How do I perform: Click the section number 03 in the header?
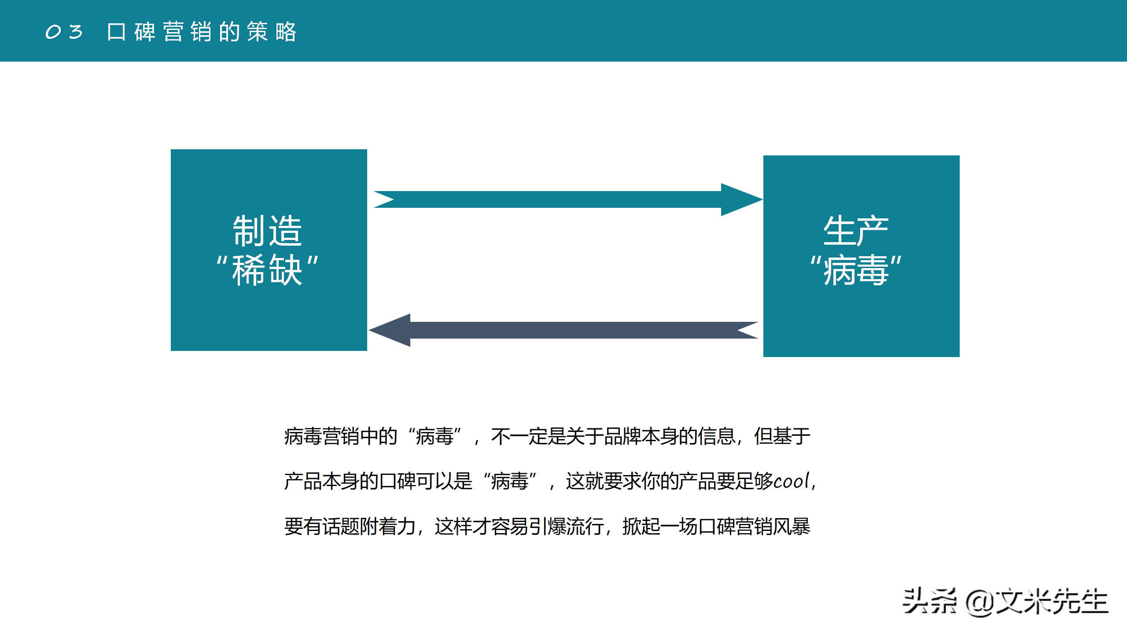pos(64,32)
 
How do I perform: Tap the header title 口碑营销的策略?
pos(202,32)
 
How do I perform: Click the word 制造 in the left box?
pos(268,231)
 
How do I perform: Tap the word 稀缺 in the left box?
pos(268,269)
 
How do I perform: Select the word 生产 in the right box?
pos(856,231)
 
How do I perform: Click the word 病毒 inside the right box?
pos(856,269)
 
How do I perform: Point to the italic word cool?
pos(792,481)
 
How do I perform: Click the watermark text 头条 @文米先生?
pos(1005,601)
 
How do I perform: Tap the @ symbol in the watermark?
pos(979,602)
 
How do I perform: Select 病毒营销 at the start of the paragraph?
pos(322,436)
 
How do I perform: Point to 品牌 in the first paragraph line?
pos(622,436)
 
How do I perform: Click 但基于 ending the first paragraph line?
pos(782,436)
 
